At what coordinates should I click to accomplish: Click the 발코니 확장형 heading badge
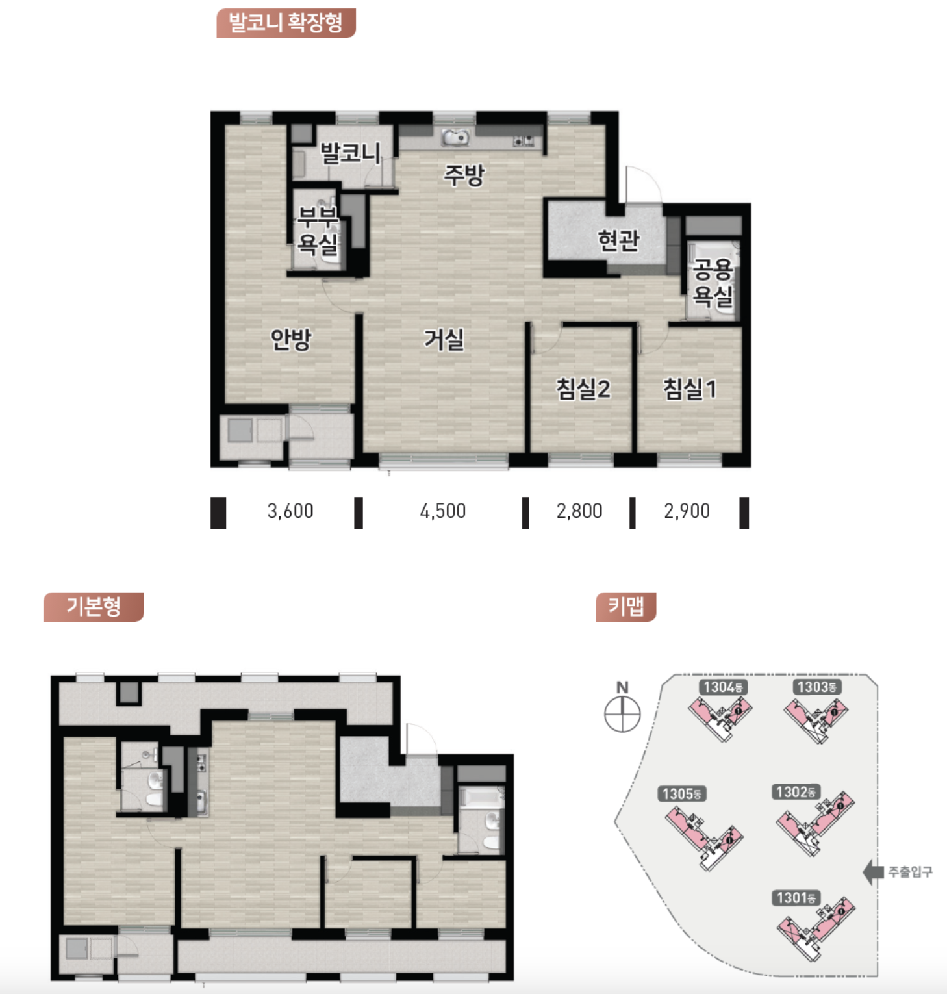pyautogui.click(x=286, y=23)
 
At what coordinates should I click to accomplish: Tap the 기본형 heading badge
pyautogui.click(x=94, y=607)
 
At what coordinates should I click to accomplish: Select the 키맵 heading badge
pyautogui.click(x=625, y=607)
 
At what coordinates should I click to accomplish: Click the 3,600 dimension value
pyautogui.click(x=290, y=511)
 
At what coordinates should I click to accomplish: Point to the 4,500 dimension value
pyautogui.click(x=443, y=511)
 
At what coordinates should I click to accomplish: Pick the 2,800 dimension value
pyautogui.click(x=579, y=511)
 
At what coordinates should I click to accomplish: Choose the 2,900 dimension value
pyautogui.click(x=687, y=511)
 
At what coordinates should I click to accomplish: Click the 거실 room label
pyautogui.click(x=444, y=339)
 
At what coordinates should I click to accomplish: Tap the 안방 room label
pyautogui.click(x=291, y=339)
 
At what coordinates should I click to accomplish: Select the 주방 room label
pyautogui.click(x=464, y=174)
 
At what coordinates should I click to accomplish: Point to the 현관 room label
pyautogui.click(x=618, y=240)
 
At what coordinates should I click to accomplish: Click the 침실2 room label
pyautogui.click(x=583, y=389)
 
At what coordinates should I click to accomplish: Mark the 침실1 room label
pyautogui.click(x=689, y=389)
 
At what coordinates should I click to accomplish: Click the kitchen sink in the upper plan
pyautogui.click(x=456, y=138)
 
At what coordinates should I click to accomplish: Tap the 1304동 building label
pyautogui.click(x=724, y=687)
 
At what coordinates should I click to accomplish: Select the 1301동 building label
pyautogui.click(x=796, y=898)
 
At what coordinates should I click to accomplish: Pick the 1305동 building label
pyautogui.click(x=682, y=794)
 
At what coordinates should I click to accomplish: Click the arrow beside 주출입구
pyautogui.click(x=873, y=872)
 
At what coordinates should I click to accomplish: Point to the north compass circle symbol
pyautogui.click(x=622, y=714)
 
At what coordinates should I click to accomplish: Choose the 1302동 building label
pyautogui.click(x=796, y=792)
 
